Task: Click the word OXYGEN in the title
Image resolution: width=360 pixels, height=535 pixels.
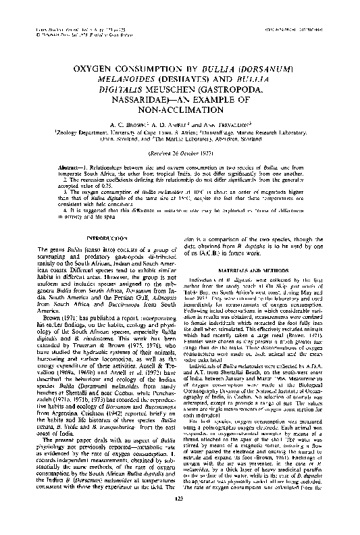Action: click(x=94, y=70)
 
